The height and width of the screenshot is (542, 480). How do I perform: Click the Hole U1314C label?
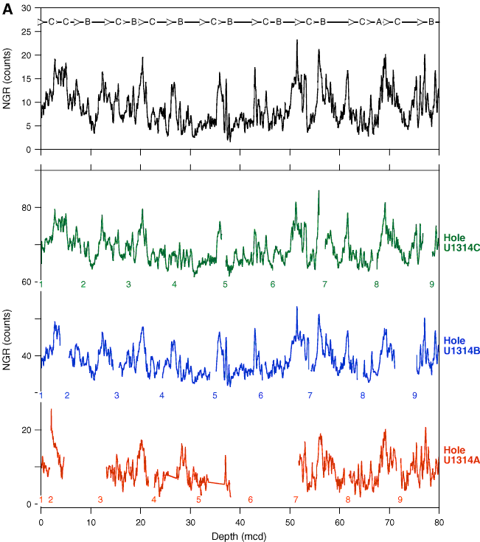(462, 243)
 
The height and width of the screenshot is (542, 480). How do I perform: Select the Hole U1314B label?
(462, 345)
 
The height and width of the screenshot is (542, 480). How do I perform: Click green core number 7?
(324, 285)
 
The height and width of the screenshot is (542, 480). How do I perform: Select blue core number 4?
(161, 396)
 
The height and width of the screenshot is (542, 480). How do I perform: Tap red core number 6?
(250, 500)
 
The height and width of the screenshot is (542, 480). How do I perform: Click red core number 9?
(400, 500)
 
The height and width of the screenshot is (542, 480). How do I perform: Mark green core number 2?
(83, 285)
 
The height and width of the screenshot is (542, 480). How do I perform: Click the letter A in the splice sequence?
(379, 23)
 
